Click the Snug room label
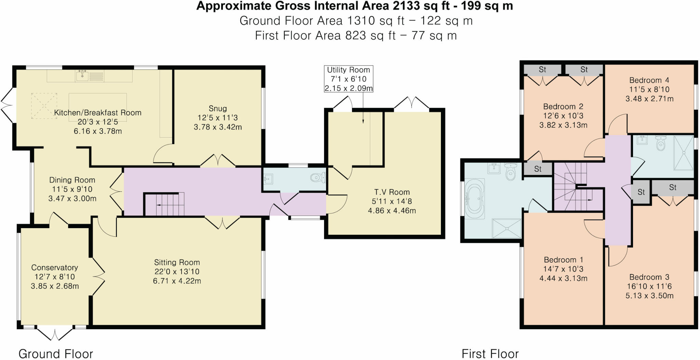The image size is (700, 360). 218,109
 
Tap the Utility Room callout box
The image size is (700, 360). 348,79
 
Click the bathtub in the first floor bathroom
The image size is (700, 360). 474,198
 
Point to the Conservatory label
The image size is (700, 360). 55,267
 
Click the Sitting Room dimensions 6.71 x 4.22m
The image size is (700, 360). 177,281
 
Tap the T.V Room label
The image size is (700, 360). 392,192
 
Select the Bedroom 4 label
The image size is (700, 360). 649,80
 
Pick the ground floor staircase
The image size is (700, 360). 164,205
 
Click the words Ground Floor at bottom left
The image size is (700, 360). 56,354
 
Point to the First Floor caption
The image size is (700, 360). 490,354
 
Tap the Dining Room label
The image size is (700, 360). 72,180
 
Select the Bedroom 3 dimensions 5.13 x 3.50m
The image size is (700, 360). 649,296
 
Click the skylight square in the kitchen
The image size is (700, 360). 44,106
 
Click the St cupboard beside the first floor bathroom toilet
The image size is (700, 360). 538,169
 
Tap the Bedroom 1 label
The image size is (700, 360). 563,260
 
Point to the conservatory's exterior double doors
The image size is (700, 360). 55,333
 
